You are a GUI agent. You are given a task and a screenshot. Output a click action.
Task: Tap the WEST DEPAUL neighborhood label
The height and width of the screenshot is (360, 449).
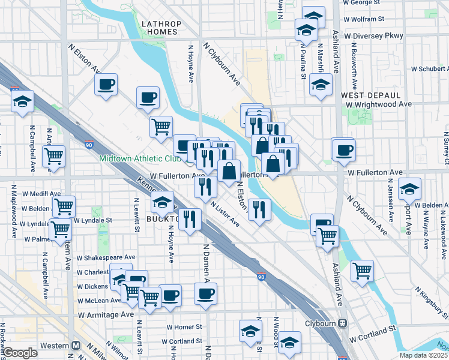click(x=370, y=95)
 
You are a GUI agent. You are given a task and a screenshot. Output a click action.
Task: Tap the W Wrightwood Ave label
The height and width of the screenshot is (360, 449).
click(x=383, y=104)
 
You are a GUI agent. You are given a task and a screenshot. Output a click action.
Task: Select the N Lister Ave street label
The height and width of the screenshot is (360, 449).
click(x=226, y=214)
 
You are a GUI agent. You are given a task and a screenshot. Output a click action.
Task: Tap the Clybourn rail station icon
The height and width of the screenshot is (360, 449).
click(x=343, y=322)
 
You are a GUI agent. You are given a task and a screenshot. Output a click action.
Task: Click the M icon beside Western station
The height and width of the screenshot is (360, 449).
click(x=76, y=346)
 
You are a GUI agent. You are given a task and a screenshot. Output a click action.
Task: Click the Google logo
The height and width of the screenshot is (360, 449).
click(x=20, y=353)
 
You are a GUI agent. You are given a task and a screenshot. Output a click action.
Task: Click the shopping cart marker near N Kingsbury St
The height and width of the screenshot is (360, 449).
click(x=362, y=271)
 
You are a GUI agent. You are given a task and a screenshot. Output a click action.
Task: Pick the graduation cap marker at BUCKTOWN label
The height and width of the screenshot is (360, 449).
click(x=162, y=202)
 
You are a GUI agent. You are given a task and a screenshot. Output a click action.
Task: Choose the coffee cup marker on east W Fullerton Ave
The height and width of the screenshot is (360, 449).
click(x=344, y=150)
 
